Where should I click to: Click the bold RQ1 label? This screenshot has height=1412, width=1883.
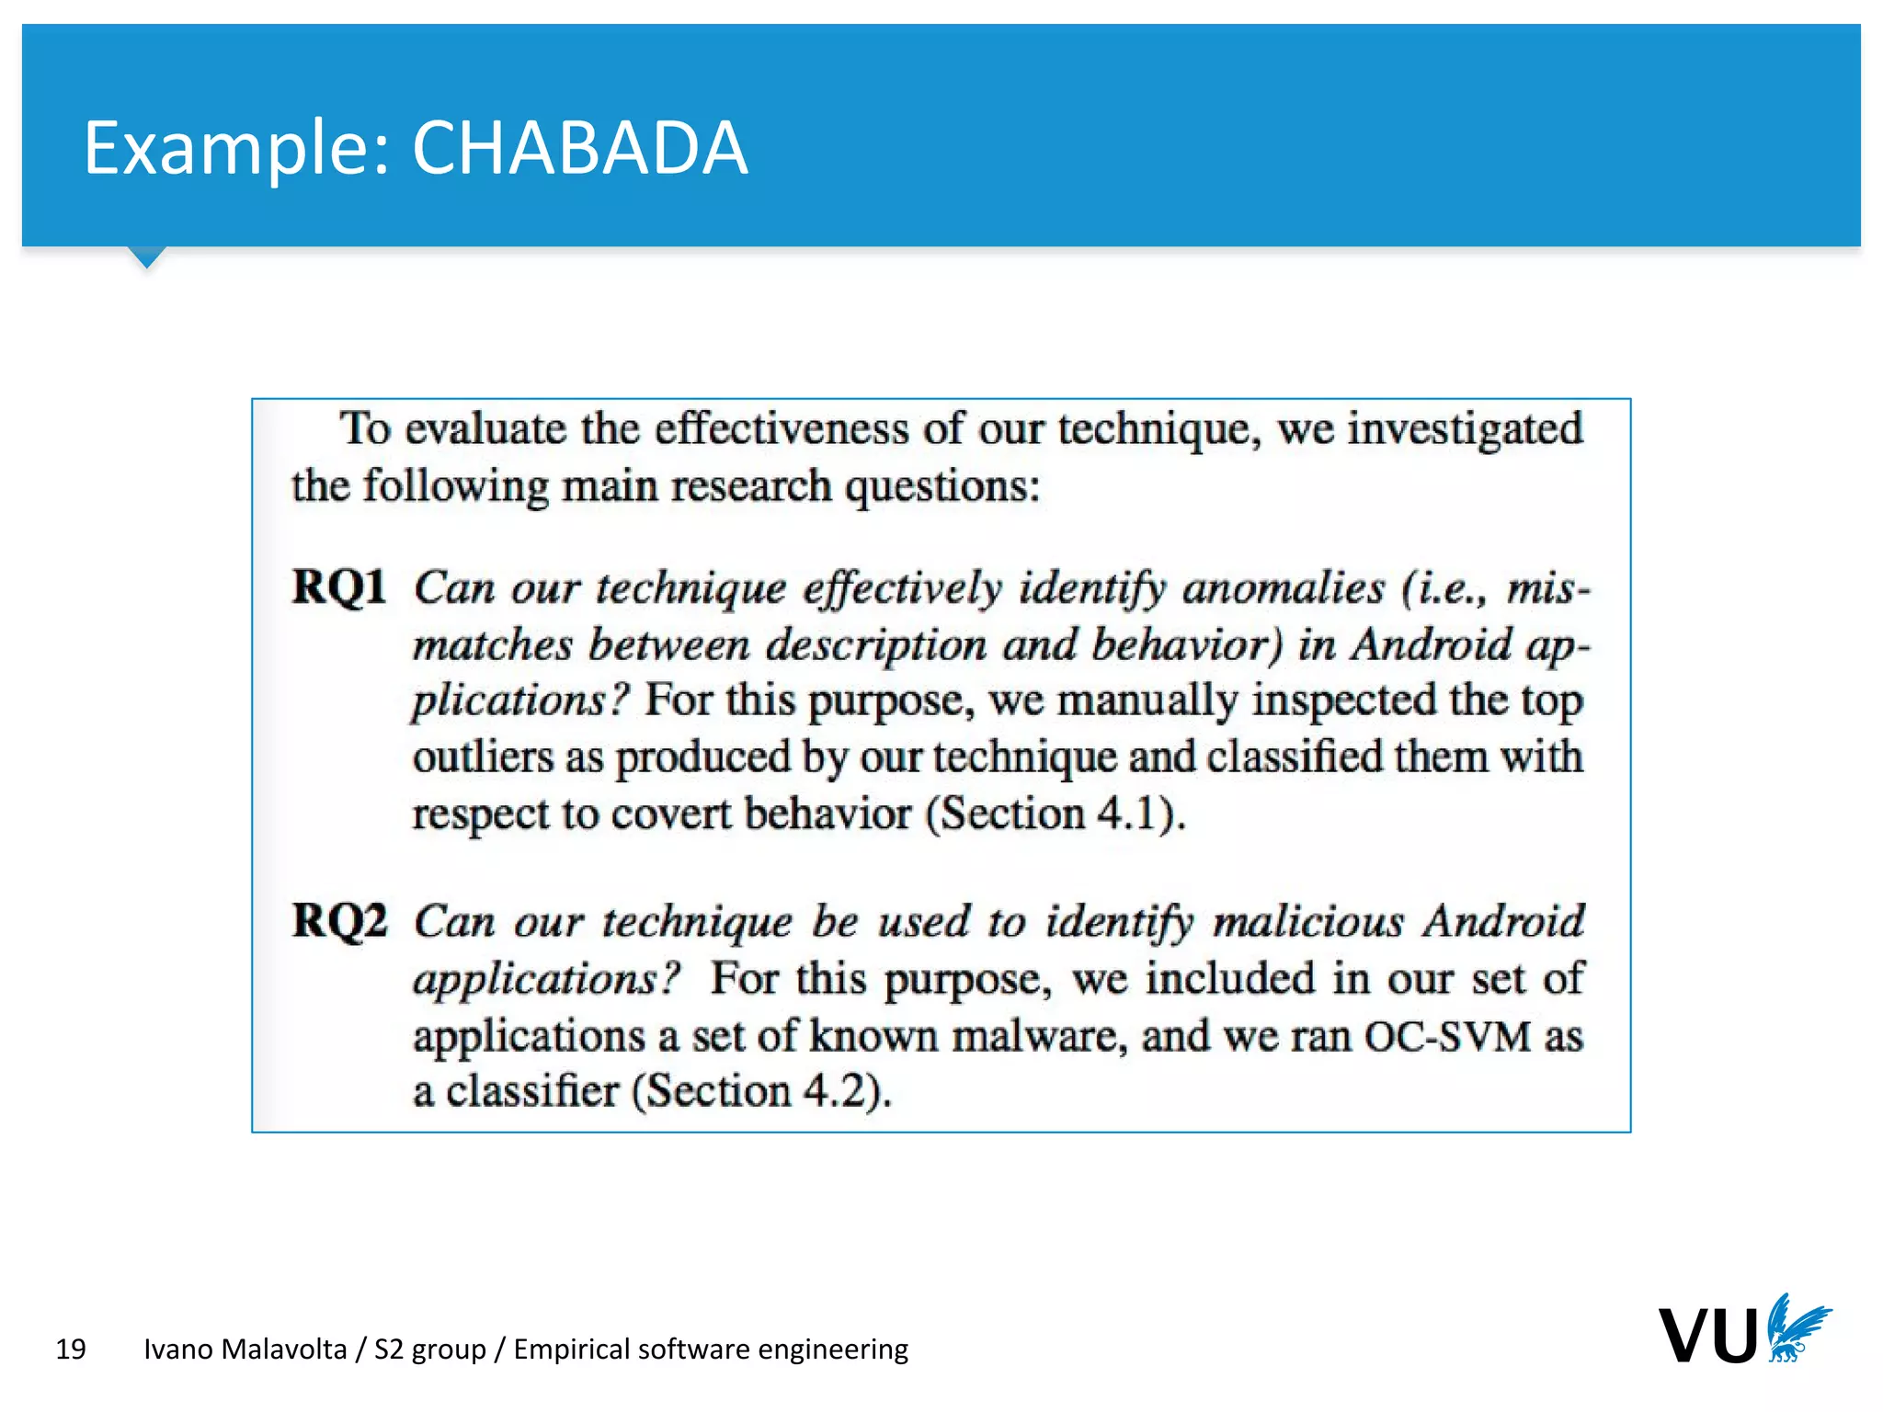tap(339, 587)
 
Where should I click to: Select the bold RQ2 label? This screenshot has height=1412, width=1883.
tap(339, 920)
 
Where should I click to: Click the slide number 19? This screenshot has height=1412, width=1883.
tap(71, 1349)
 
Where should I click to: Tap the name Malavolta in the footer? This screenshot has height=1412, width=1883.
tap(284, 1349)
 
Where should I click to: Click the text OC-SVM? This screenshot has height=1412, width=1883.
tap(1447, 1036)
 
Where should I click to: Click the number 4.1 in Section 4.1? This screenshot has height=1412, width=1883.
tap(1127, 814)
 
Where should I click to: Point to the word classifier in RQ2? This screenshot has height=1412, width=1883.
tap(532, 1092)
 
